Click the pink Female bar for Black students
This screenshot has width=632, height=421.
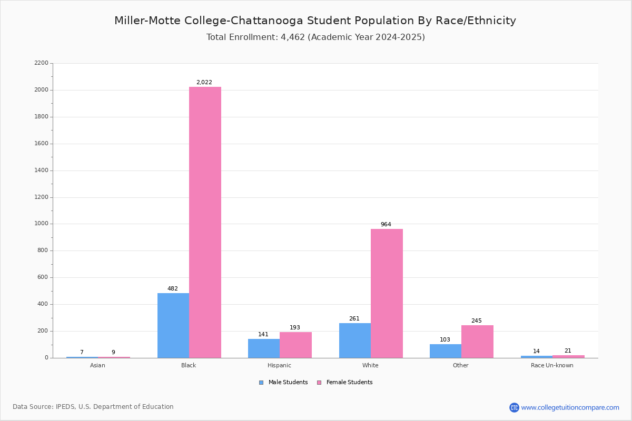[x=205, y=222]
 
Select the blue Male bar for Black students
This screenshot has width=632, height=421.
[x=173, y=325]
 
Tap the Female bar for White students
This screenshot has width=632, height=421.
[x=387, y=293]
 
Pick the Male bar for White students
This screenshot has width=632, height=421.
[x=355, y=340]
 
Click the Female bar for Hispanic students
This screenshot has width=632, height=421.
[x=295, y=345]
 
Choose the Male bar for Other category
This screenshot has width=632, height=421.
[x=446, y=351]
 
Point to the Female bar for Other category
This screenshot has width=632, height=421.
[x=477, y=342]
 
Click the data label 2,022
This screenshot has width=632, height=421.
[x=204, y=82]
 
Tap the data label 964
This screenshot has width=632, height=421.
[x=386, y=224]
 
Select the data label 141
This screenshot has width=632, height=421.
[x=263, y=334]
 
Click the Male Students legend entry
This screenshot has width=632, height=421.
[x=283, y=382]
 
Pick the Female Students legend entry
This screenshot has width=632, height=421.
[x=344, y=382]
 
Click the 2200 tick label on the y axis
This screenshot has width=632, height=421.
[x=41, y=63]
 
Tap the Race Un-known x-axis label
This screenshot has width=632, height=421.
[x=552, y=365]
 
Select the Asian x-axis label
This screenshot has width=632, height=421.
[x=97, y=365]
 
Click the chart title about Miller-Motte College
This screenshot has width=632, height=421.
[x=315, y=21]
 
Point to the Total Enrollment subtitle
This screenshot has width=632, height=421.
[x=315, y=37]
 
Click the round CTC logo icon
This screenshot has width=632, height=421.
[x=514, y=407]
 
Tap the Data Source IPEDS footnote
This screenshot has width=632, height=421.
[x=93, y=407]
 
